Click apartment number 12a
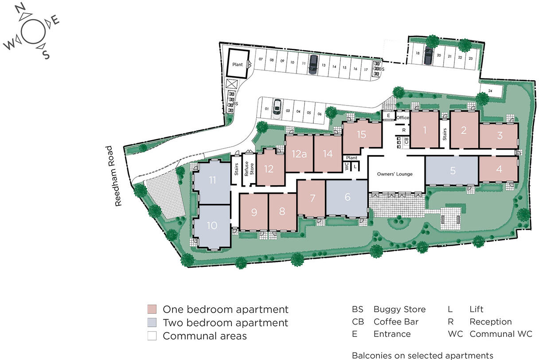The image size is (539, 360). (x=299, y=154)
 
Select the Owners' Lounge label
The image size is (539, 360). (x=394, y=174)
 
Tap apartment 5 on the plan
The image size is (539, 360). (x=452, y=170)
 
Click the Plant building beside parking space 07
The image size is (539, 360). (x=238, y=65)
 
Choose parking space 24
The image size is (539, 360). (x=490, y=91)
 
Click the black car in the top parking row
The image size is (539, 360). (x=313, y=64)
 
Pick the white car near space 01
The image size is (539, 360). (x=277, y=107)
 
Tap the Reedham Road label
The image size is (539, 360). (x=118, y=176)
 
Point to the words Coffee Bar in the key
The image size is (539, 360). (x=396, y=322)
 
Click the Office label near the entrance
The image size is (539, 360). (x=402, y=117)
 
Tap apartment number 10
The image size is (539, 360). (x=212, y=225)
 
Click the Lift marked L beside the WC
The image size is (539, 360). (x=355, y=166)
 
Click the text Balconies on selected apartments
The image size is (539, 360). (x=422, y=356)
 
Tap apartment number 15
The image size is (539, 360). (x=361, y=135)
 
